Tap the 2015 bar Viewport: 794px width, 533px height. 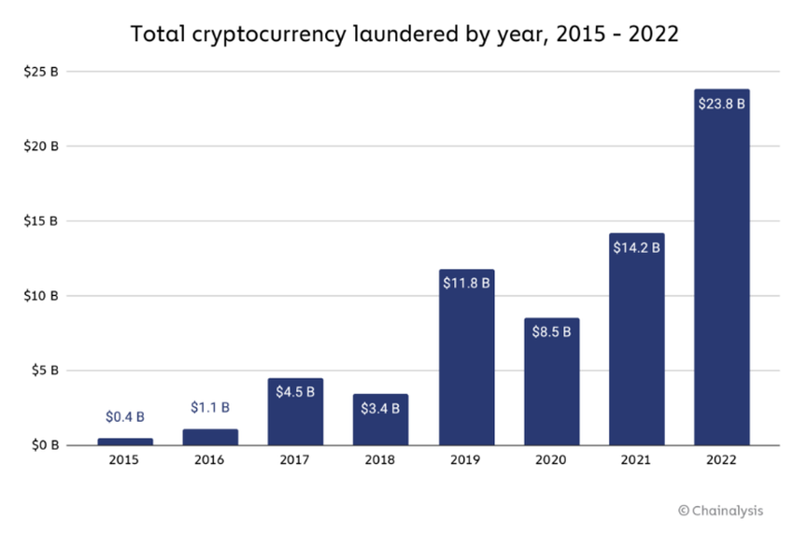[125, 442]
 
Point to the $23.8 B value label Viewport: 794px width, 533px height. [721, 104]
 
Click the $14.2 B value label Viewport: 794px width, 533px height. [636, 247]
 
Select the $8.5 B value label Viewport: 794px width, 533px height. [551, 332]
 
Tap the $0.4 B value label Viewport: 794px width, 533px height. [125, 416]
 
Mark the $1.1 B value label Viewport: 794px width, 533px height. [210, 407]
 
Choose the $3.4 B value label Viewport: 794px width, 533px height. [380, 408]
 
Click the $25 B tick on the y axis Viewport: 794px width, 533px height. [41, 72]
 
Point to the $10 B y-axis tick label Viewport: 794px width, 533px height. [41, 296]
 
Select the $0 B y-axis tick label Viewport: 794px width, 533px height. [44, 445]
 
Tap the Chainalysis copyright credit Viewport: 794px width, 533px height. [720, 510]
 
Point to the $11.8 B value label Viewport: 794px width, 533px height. [466, 283]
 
